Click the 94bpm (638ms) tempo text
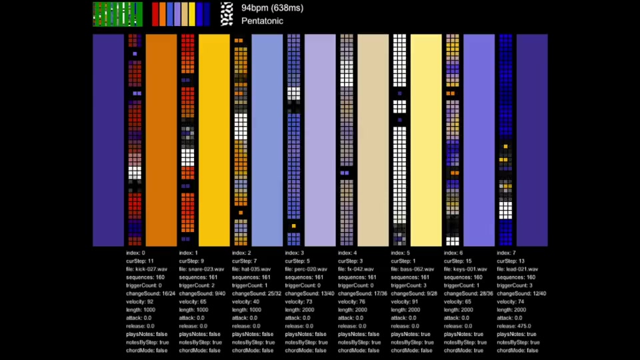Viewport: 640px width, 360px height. (x=272, y=8)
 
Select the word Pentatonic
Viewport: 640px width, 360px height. (x=262, y=21)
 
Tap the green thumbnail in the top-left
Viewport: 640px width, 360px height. (x=117, y=14)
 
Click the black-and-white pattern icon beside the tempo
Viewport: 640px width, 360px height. (x=227, y=14)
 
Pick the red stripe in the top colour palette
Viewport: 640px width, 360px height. (x=155, y=14)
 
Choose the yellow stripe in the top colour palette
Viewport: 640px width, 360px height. (x=192, y=14)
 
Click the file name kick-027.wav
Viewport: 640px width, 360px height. (x=147, y=269)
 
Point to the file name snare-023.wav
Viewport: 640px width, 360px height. (x=201, y=269)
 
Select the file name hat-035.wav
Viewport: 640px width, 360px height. (x=252, y=269)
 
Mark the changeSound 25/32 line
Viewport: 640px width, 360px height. (x=257, y=293)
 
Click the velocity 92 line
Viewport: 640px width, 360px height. (x=140, y=301)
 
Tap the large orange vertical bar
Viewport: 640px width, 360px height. (x=161, y=140)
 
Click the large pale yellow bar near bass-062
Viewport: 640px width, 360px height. (x=425, y=140)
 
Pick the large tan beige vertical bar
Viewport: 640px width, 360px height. (x=373, y=140)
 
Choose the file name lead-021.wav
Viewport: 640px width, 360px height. (x=518, y=269)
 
